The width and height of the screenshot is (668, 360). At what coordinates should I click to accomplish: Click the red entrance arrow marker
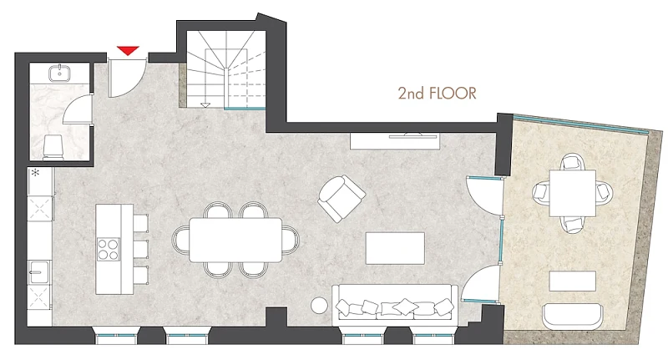click(128, 50)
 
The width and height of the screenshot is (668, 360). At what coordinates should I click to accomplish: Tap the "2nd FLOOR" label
click(437, 94)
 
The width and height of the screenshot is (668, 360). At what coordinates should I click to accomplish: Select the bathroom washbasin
click(59, 74)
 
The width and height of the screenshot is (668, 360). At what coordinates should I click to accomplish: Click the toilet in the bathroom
click(54, 147)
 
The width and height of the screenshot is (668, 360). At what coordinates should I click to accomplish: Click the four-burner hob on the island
click(109, 249)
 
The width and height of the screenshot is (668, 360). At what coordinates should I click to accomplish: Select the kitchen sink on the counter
click(38, 271)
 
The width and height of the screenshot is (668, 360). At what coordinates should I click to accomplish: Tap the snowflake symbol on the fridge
click(35, 173)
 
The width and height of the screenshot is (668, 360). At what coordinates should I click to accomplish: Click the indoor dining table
click(235, 240)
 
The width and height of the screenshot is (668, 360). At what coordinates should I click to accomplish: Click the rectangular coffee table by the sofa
click(395, 248)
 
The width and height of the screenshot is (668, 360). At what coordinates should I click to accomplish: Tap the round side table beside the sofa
click(319, 305)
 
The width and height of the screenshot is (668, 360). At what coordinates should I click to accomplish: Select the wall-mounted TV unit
click(395, 141)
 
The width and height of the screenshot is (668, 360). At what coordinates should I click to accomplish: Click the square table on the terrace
click(572, 193)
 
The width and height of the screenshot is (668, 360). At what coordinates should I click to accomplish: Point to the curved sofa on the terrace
click(573, 316)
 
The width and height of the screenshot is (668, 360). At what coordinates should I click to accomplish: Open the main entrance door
click(127, 77)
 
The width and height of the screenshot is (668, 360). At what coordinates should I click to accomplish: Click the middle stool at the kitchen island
click(140, 249)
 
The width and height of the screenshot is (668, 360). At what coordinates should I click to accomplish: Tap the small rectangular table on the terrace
click(572, 281)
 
